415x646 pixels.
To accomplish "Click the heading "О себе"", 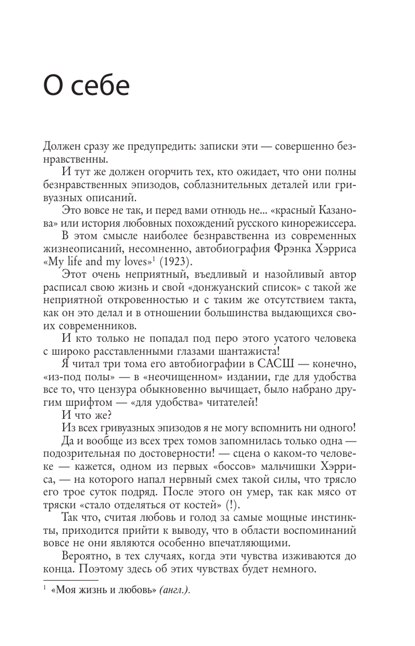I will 86,86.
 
